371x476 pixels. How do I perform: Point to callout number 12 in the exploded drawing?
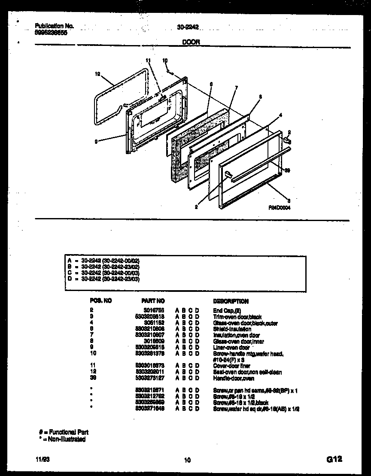[x=97, y=74]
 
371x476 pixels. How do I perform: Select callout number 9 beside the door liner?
[x=96, y=141]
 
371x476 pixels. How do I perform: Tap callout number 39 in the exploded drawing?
[x=288, y=170]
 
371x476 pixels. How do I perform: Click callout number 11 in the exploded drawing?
[x=149, y=61]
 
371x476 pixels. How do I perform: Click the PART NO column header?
[x=153, y=301]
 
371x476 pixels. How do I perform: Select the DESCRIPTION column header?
[x=231, y=301]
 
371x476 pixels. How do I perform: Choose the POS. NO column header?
[x=101, y=301]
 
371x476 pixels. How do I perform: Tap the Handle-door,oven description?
[x=234, y=378]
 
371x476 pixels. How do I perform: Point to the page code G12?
[x=334, y=459]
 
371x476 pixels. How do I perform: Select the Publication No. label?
[x=54, y=26]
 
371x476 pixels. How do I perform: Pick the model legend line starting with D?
[x=103, y=279]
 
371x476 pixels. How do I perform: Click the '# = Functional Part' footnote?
[x=64, y=432]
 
